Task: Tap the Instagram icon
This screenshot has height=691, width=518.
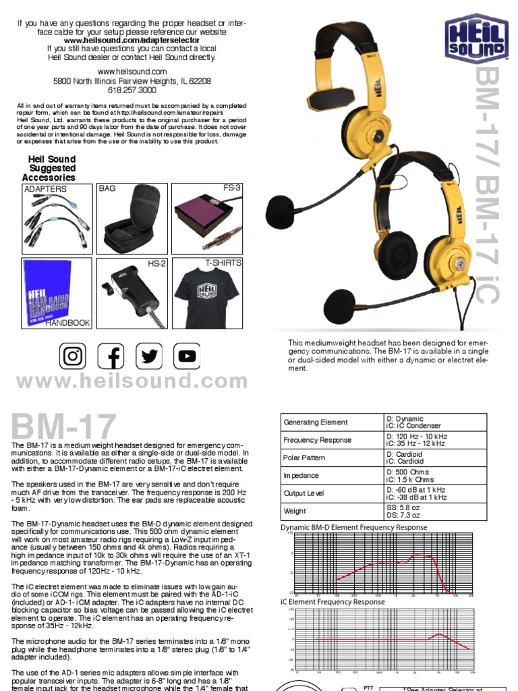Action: point(74,357)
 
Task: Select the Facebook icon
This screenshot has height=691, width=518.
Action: point(111,357)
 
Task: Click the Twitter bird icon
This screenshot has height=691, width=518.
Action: point(149,357)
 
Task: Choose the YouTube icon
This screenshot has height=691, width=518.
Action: point(187,357)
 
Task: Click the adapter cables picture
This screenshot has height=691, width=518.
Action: point(55,219)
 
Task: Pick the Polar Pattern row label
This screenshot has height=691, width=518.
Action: point(304,458)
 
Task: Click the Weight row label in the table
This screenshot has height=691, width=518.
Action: point(294,512)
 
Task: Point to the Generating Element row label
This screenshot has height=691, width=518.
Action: point(316,422)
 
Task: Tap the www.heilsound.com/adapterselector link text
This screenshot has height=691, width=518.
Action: point(132,40)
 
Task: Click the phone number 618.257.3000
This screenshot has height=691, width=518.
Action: point(132,90)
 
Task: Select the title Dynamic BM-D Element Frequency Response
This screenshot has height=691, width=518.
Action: point(353,527)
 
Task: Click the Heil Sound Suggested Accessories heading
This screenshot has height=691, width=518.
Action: point(52,168)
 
